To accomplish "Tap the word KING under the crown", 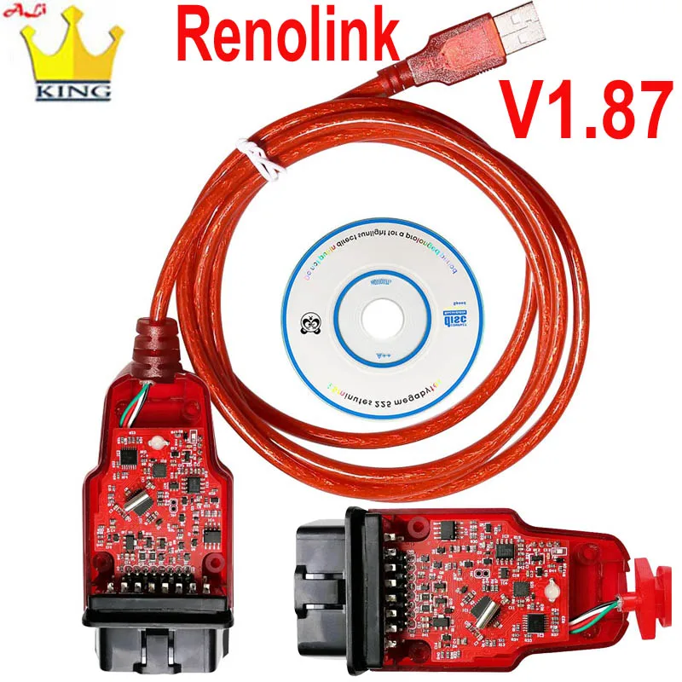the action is pos(72,88).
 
